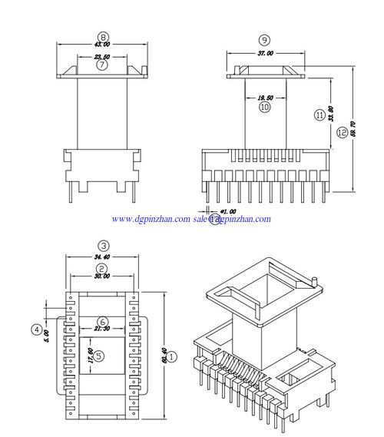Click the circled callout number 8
tap(104, 36)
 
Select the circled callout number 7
tap(102, 65)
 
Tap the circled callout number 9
tap(264, 39)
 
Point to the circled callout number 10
tap(265, 108)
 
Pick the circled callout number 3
tap(101, 245)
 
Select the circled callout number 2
tap(101, 267)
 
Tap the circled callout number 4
tap(36, 329)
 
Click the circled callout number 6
tap(103, 322)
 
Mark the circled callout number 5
tap(98, 355)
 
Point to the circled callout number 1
tap(172, 356)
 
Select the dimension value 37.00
tap(264, 54)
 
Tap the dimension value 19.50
tap(265, 98)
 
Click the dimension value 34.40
tap(101, 256)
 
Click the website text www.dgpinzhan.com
tap(151, 219)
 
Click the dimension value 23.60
tap(102, 57)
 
